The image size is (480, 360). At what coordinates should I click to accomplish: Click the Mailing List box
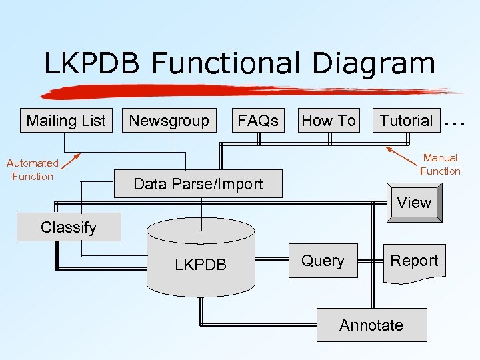pos(66,121)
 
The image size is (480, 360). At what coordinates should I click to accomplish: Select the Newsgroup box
pos(169,121)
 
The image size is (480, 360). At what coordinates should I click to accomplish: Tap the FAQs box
pos(257,121)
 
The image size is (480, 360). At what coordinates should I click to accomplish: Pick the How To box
pos(329,121)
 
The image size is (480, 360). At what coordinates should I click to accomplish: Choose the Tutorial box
pos(406,121)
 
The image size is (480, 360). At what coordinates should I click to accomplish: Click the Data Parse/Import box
pos(198,184)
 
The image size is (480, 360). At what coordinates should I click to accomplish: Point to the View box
pos(413,203)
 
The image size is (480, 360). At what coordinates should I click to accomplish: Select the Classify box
pos(69,227)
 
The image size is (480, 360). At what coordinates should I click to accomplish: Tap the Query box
pos(323,261)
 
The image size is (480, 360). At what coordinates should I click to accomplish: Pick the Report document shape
pos(414,261)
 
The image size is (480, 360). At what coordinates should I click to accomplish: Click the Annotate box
pos(371,325)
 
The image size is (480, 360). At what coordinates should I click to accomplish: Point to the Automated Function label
pos(32,169)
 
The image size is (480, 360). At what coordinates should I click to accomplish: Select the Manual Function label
pos(440,164)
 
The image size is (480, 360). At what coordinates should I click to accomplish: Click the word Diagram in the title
pos(373,64)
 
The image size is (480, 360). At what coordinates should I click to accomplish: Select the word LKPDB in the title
pos(92,64)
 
